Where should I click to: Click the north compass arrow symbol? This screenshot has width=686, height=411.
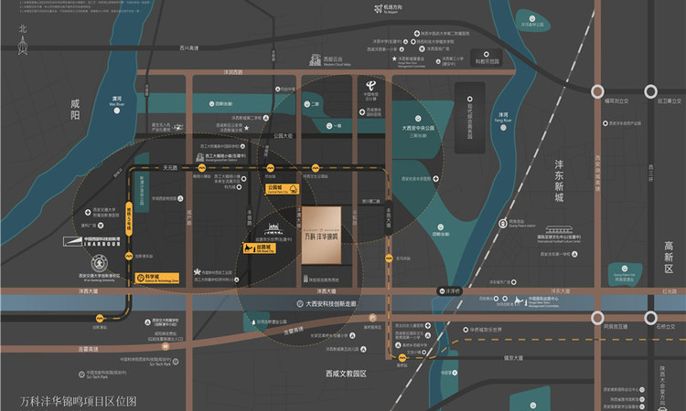(x=24, y=41)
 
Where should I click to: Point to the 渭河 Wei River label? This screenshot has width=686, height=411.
(x=116, y=101)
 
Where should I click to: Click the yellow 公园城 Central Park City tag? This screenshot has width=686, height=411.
(x=281, y=189)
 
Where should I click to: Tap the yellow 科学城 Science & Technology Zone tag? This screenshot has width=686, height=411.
(x=150, y=276)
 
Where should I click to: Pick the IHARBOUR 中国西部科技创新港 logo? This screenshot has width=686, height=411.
(x=90, y=243)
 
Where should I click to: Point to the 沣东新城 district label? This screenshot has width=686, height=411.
(x=559, y=181)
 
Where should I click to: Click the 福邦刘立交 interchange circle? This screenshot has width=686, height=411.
(x=597, y=91)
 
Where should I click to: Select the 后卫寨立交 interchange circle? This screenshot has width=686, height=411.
(x=650, y=91)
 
